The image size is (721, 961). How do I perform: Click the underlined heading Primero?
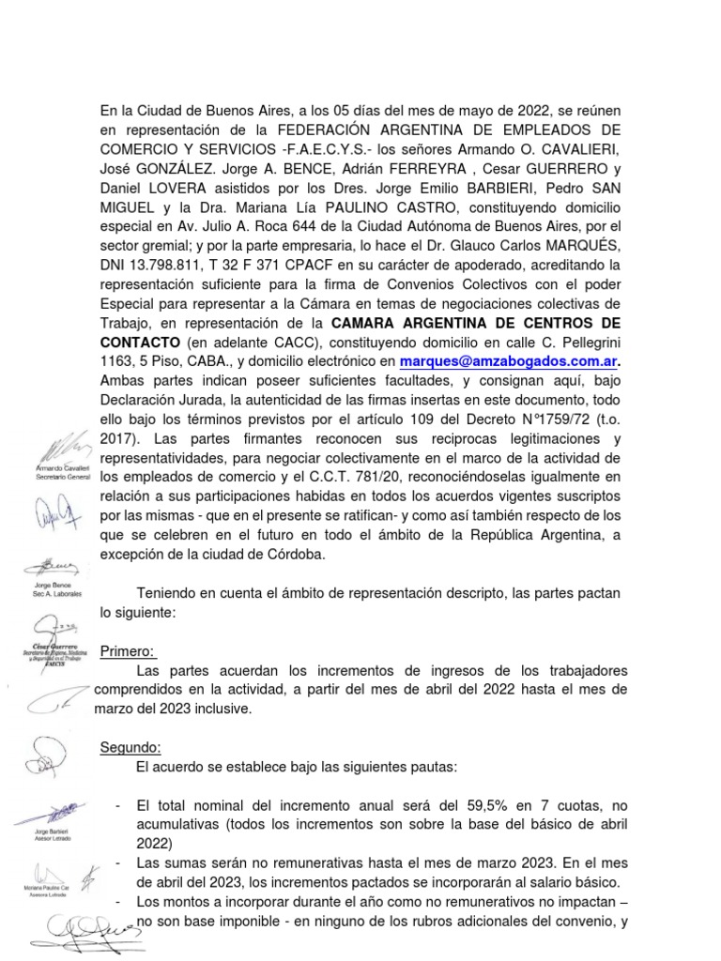click(x=129, y=652)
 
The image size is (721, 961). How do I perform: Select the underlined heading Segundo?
click(x=130, y=747)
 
